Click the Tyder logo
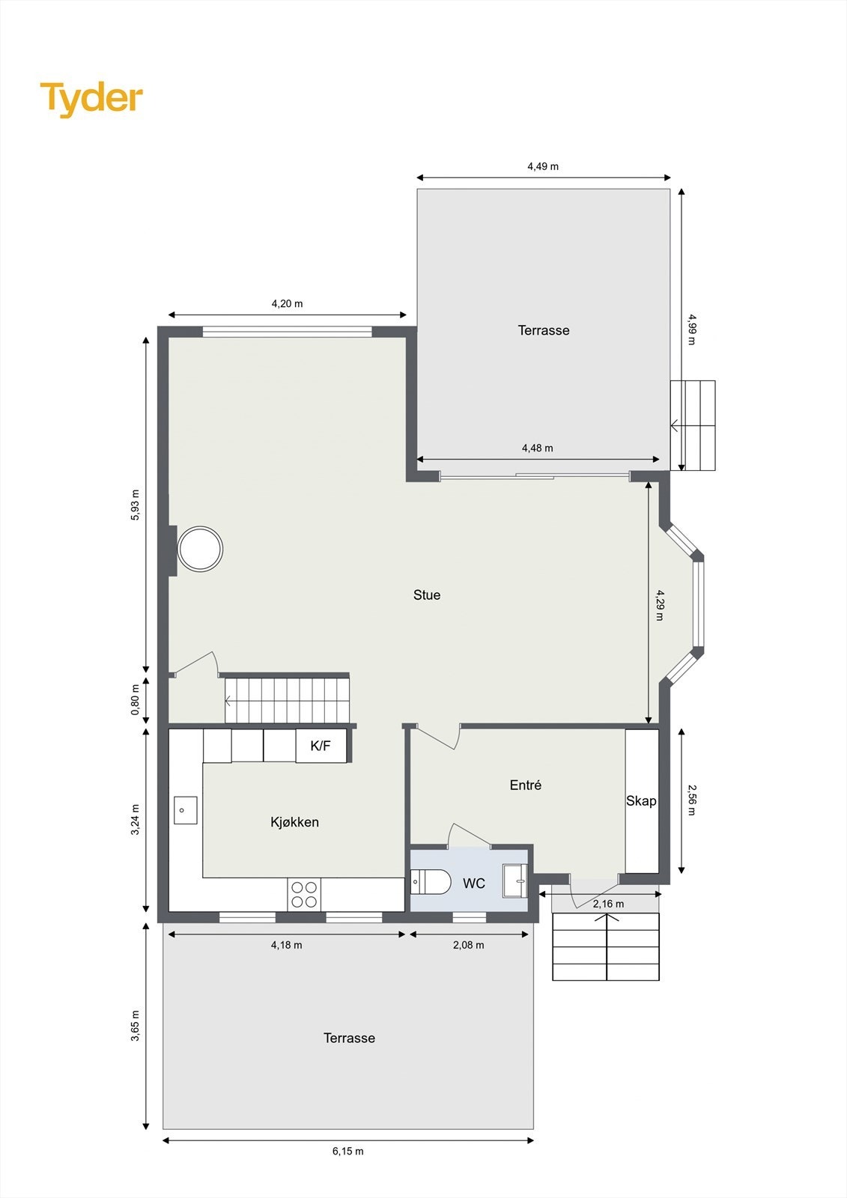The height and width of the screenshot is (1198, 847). [91, 98]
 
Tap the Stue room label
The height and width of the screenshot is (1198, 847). [427, 595]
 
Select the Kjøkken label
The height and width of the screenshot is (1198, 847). [294, 822]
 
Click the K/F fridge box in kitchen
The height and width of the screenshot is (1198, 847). [321, 746]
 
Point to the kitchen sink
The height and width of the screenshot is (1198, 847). [185, 810]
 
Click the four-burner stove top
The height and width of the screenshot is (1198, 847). [303, 894]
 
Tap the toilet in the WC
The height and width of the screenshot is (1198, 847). [431, 883]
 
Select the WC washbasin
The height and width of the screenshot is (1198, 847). [515, 881]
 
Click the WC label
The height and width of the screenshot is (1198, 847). [474, 884]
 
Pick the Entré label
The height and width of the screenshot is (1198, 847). [525, 785]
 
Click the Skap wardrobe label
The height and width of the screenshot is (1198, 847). [641, 801]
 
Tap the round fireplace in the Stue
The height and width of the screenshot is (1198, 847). [200, 550]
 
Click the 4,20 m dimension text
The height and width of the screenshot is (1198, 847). [287, 304]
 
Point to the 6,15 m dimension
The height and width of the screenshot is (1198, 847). [348, 1151]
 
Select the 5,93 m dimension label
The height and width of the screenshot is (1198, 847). [136, 505]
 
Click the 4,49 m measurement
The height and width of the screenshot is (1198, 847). [543, 166]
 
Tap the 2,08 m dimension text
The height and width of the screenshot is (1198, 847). [469, 945]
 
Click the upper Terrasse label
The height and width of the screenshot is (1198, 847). [544, 330]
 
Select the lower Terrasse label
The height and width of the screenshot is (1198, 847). [349, 1038]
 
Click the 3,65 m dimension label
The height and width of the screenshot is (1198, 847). [136, 1026]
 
